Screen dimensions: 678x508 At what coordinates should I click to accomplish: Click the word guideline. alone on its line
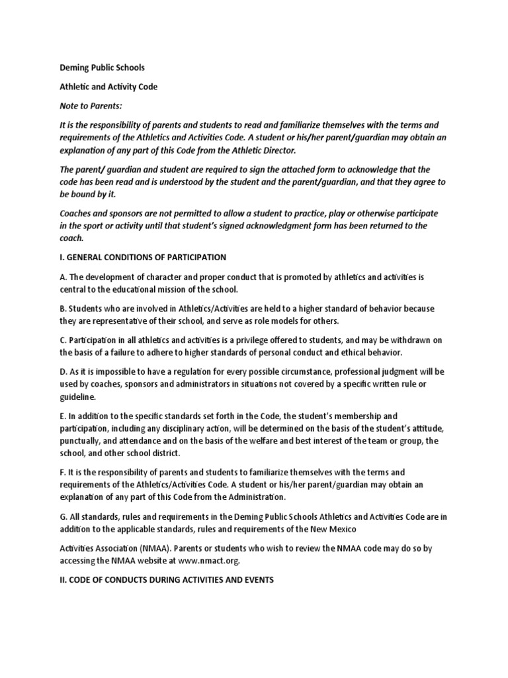click(77, 397)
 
